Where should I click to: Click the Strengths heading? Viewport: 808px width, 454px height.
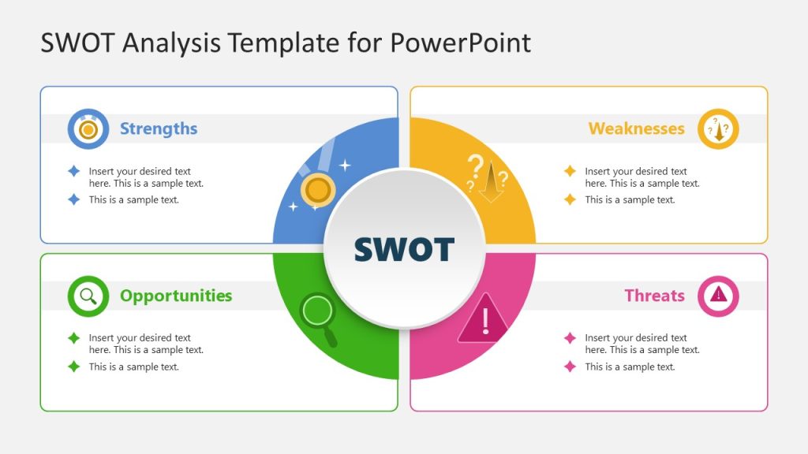tap(159, 128)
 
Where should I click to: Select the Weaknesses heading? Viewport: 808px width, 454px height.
tap(636, 128)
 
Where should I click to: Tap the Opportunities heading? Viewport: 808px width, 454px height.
tap(176, 296)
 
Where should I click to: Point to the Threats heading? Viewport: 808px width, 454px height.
tap(654, 296)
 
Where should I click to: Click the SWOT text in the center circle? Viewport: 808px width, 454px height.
tap(404, 249)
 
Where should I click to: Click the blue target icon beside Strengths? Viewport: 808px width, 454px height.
tap(88, 128)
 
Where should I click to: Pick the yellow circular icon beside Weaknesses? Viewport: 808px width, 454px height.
tap(718, 128)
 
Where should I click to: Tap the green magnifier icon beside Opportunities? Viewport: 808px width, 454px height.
tap(88, 296)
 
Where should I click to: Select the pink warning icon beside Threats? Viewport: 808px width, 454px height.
tap(718, 296)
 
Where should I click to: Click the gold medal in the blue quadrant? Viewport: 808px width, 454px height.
tap(317, 190)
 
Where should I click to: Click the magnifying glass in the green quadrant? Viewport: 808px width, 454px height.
tap(320, 314)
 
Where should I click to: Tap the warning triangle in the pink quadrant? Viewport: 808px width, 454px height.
tap(484, 319)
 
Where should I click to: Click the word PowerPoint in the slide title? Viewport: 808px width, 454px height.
tap(460, 43)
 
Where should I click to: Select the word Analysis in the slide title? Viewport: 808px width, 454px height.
tap(171, 43)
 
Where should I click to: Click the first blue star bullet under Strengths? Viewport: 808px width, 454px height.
tap(73, 171)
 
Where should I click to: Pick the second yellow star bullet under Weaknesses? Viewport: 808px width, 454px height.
tap(570, 199)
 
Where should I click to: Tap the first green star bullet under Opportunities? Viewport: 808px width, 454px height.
tap(73, 338)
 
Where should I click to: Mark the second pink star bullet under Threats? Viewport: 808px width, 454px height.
tap(570, 367)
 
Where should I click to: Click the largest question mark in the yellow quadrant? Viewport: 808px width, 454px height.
tap(474, 166)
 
